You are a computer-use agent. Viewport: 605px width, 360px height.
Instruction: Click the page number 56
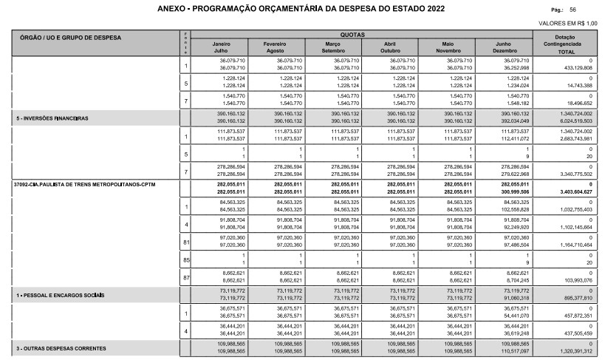pyautogui.click(x=572, y=10)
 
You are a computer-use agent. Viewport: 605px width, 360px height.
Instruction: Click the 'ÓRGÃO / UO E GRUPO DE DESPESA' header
pyautogui.click(x=71, y=36)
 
